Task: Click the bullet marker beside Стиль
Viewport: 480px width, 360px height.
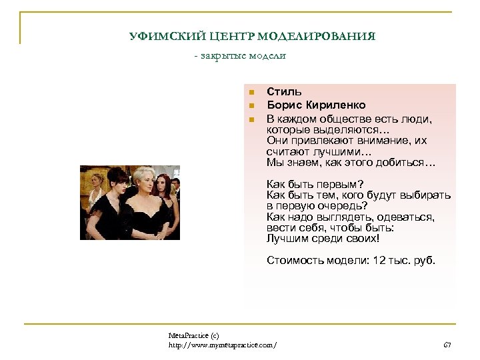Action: (x=251, y=93)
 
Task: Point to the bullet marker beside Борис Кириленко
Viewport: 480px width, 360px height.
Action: (x=251, y=106)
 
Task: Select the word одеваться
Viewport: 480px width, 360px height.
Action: (x=407, y=217)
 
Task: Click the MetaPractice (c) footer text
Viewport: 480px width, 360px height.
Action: (x=194, y=335)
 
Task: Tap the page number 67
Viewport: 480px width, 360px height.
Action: (x=447, y=344)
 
